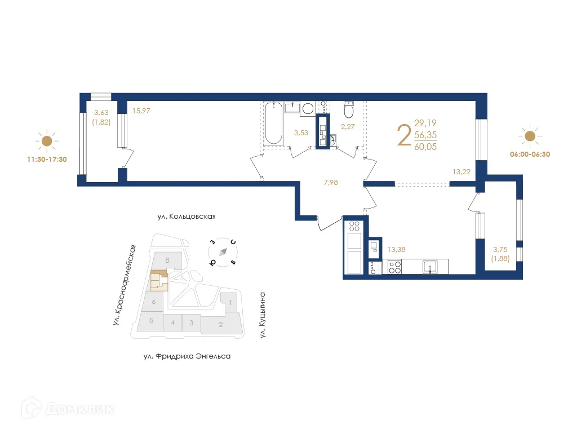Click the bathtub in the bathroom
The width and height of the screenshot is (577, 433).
coord(273,123)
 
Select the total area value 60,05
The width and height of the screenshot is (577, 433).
coord(425,147)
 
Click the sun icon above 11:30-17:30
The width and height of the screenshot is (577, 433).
coord(47,141)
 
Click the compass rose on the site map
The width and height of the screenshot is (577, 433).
coord(223,252)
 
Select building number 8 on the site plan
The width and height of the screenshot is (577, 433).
coord(168,260)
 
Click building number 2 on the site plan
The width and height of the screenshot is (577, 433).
coord(221,324)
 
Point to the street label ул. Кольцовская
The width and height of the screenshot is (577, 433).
coord(187,216)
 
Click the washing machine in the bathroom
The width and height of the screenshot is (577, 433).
coord(308,108)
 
